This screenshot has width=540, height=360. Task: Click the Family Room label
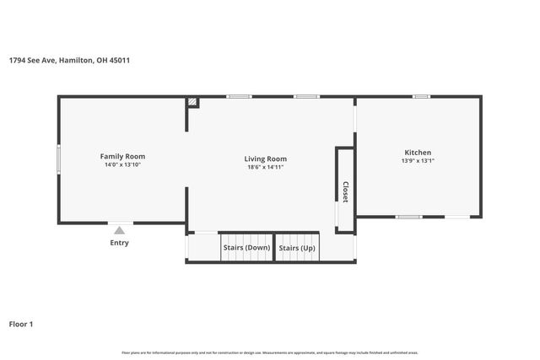pos(123,156)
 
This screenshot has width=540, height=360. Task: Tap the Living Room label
pos(265,159)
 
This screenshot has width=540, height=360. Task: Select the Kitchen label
pos(418,153)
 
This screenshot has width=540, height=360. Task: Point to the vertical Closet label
pos(345,191)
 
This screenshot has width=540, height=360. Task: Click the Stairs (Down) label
pos(246,248)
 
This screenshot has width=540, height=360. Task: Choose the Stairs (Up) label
pos(297,248)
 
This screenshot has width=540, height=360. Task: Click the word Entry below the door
pos(120,243)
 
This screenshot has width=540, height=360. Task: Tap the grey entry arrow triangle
pos(120,229)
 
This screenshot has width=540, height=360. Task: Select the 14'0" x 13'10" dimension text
pos(123,165)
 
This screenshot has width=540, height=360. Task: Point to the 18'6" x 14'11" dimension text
pos(265,168)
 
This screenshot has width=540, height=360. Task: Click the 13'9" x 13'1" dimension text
pos(418,161)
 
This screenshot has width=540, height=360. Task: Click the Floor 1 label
pos(22,323)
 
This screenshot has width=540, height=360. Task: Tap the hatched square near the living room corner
pos(193,102)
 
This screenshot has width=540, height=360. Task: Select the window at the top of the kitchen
pos(420,97)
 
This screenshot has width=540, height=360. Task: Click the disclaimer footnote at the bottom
pos(270,352)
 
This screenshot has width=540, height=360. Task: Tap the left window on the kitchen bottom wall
pos(409,218)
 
